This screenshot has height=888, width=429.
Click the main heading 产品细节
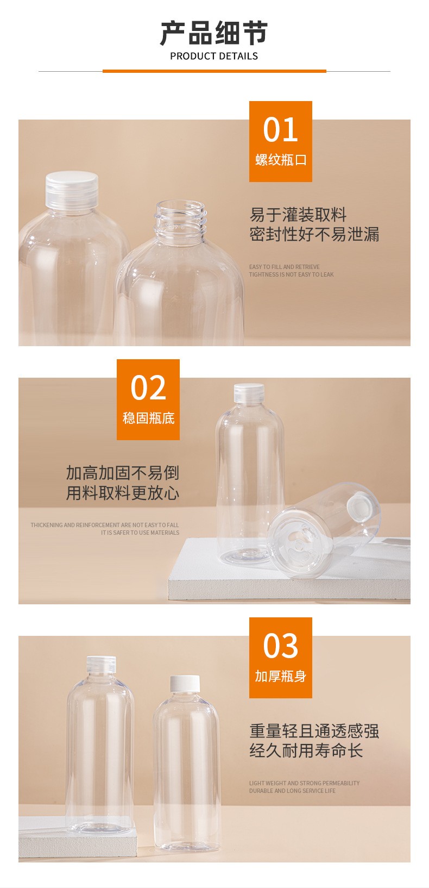pos(214,33)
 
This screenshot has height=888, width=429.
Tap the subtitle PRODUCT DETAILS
pos(214,57)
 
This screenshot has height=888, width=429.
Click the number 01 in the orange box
pos(280,130)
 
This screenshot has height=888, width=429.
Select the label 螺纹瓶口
pos(280,160)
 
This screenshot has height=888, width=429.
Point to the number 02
pos(148,387)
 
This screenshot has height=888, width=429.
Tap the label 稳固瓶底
pos(148,418)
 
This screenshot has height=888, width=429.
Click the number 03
pos(280,646)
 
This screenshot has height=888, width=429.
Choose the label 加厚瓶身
pos(280,676)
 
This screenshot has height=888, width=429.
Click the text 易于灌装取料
pos(298,215)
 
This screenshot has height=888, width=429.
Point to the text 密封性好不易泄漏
pos(314,234)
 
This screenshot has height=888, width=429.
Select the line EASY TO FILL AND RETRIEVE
pos(285,267)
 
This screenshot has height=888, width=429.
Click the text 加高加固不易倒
pos(122,473)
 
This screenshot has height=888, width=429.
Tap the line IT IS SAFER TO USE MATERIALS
pos(140,533)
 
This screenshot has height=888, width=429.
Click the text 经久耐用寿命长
pos(306,750)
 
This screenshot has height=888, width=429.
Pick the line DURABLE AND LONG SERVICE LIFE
pos(292,791)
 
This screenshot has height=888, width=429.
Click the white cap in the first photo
pos(72,190)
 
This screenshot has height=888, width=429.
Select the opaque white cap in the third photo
pos(185,684)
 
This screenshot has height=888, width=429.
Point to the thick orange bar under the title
pos(214,71)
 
